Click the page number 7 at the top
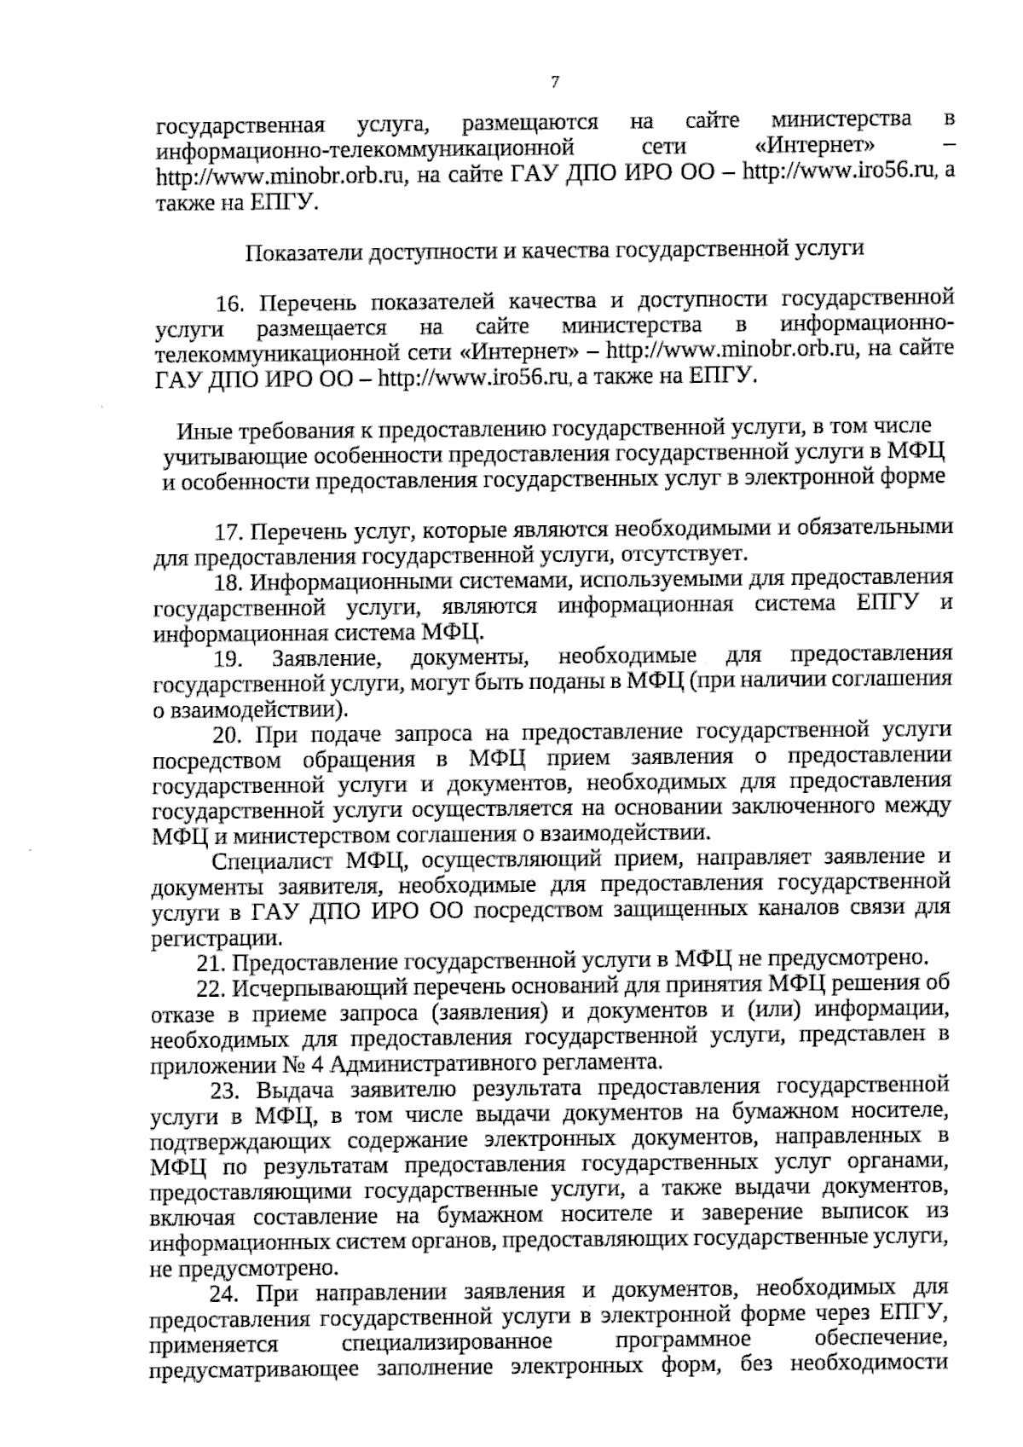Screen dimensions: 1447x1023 point(555,83)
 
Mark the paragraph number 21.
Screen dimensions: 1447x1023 point(211,964)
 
